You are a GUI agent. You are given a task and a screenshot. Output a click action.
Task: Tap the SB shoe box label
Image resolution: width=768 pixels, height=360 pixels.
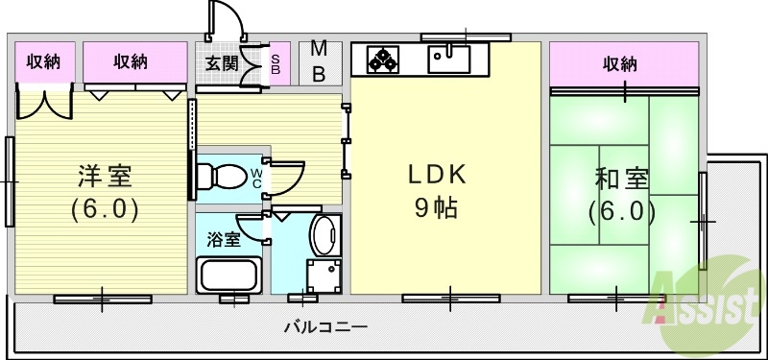point(275,63)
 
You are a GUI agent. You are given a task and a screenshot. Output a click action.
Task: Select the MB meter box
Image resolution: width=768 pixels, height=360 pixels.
point(319,62)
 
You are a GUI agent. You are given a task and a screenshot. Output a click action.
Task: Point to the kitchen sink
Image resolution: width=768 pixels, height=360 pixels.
point(448,60)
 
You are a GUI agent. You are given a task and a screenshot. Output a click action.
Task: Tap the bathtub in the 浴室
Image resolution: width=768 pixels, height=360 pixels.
point(229,276)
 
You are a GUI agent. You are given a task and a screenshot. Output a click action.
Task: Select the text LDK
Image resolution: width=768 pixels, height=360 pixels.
point(437,176)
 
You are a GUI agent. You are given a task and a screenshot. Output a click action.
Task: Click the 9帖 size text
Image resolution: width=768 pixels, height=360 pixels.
point(437,207)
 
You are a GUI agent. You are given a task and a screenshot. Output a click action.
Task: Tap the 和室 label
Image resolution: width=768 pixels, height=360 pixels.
point(622,179)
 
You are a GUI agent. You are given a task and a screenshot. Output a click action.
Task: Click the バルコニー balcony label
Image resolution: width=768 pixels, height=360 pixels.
point(325,328)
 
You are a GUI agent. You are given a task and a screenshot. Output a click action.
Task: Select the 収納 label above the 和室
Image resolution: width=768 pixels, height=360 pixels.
point(620,64)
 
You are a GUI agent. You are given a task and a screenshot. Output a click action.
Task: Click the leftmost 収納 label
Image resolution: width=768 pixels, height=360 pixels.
point(43,62)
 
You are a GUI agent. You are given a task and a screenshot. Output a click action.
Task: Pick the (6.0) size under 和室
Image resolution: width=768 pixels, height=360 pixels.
point(622,209)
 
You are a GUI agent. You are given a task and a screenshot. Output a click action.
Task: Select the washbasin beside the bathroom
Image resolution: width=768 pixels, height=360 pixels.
point(324,235)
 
